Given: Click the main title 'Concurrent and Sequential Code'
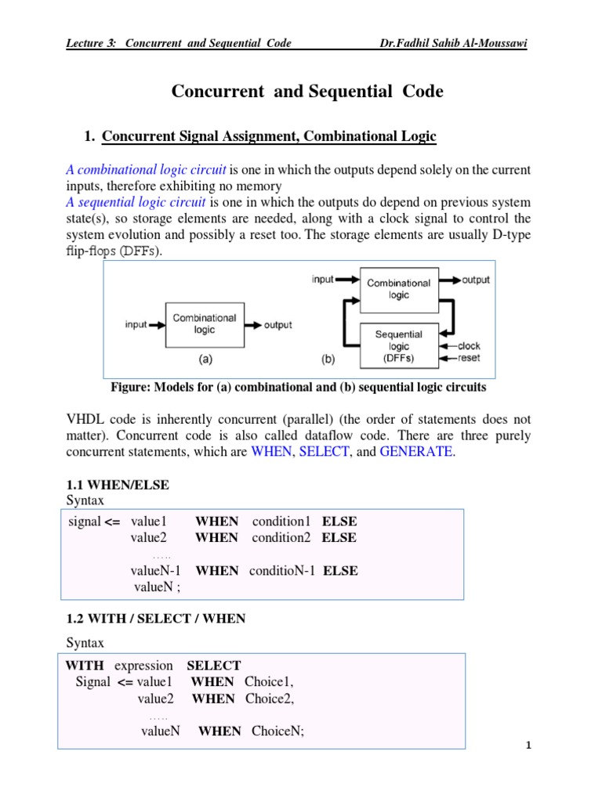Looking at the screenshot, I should click(307, 92).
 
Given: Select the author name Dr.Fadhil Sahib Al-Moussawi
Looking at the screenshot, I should click(452, 43).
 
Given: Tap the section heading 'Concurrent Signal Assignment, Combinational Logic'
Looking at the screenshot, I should click(269, 137).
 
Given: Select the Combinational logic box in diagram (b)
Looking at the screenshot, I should click(398, 289).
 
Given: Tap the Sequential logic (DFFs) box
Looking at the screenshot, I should click(398, 345).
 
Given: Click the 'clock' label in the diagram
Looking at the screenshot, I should click(468, 346).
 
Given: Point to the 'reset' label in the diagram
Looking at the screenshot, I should click(468, 358).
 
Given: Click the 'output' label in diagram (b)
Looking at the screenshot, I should click(476, 280).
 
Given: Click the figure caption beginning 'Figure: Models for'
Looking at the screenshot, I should click(300, 388).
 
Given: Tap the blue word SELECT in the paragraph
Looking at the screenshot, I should click(324, 452).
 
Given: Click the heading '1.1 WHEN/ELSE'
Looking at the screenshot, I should click(117, 486).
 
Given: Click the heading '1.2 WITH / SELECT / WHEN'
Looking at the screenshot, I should click(155, 619).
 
